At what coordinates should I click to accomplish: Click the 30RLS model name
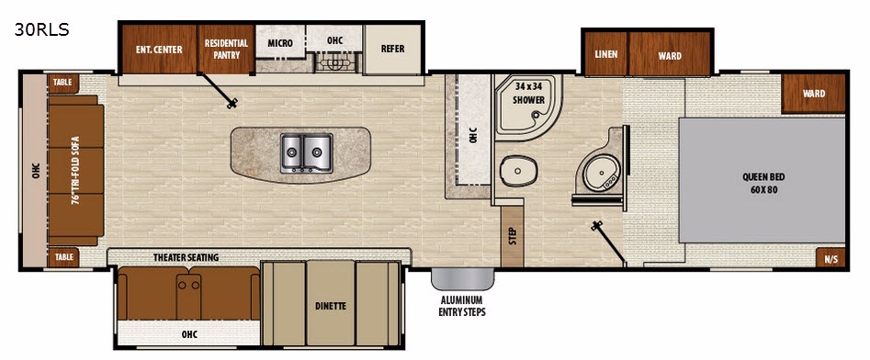coord(41,30)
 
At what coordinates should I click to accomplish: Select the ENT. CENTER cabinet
coord(159,50)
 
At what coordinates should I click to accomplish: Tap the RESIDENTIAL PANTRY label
coord(226,49)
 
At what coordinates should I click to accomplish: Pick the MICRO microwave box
coord(280,42)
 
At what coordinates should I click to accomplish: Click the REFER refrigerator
coord(393,50)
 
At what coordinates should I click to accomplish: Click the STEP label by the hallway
coord(513,236)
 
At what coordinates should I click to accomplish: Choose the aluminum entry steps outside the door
coord(463,279)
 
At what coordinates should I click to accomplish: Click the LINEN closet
coord(606,54)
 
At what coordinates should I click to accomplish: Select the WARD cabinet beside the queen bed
coord(813,93)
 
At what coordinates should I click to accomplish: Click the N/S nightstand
coord(830,258)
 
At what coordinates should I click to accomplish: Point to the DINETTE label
coord(331,306)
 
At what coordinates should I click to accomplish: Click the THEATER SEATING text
coord(186,257)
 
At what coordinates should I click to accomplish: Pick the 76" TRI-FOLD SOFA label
coord(76,170)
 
